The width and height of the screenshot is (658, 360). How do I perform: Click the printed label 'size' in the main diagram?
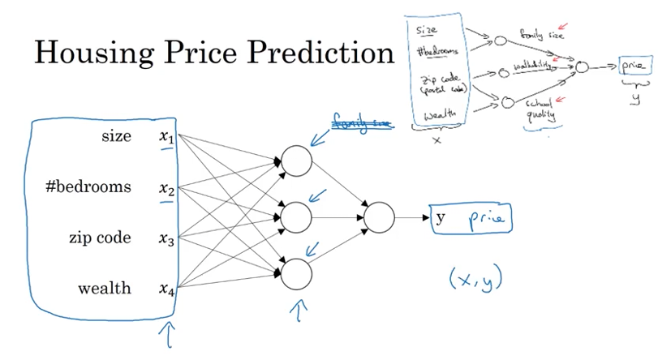click(116, 136)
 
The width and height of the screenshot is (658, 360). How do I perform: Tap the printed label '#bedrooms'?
click(88, 187)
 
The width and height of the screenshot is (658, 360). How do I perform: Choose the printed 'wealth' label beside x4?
click(104, 289)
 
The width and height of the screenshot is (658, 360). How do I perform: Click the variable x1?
click(166, 138)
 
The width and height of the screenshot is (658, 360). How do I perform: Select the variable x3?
click(166, 239)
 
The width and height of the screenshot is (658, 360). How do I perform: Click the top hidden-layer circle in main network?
click(296, 161)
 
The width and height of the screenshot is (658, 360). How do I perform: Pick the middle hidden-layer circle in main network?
click(296, 216)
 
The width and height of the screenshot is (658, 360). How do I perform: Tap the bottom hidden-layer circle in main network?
click(296, 273)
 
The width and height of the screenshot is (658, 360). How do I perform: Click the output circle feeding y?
click(379, 216)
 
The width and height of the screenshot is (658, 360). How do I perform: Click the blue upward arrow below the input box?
click(170, 335)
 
